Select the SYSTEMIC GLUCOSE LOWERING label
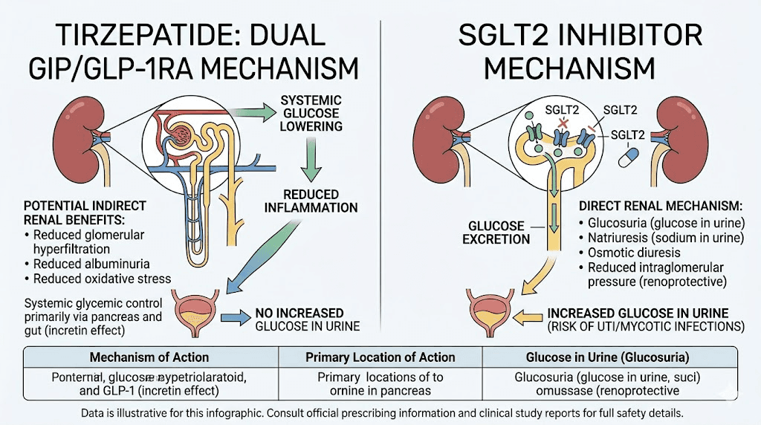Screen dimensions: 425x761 311,112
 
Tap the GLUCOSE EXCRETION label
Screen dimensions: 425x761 496,233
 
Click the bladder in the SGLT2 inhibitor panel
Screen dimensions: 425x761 491,313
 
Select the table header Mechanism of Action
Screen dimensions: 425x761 149,357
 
